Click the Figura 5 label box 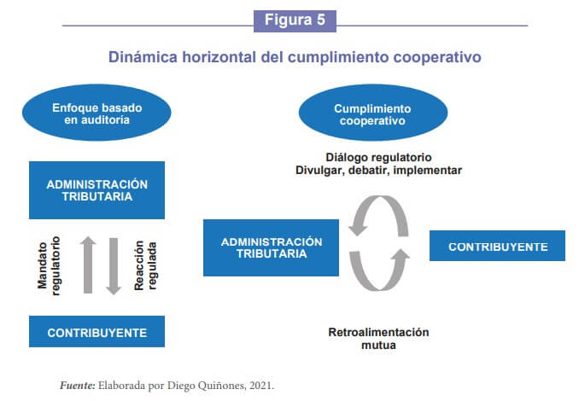pyautogui.click(x=295, y=20)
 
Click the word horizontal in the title pyautogui.click(x=219, y=57)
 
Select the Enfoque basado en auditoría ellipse pyautogui.click(x=97, y=113)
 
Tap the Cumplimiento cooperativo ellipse pyautogui.click(x=372, y=113)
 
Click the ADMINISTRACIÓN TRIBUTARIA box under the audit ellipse pyautogui.click(x=97, y=190)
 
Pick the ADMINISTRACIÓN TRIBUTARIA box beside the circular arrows pyautogui.click(x=272, y=247)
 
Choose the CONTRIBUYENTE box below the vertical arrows pyautogui.click(x=97, y=331)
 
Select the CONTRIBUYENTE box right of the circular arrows pyautogui.click(x=497, y=246)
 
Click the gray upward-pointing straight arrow pyautogui.click(x=88, y=264)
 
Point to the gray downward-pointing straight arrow pyautogui.click(x=114, y=266)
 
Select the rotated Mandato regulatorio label pyautogui.click(x=49, y=265)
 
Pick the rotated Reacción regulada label pyautogui.click(x=145, y=265)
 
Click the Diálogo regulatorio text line pyautogui.click(x=378, y=157)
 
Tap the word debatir pyautogui.click(x=369, y=171)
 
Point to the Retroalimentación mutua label pyautogui.click(x=378, y=339)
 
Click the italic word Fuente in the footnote pyautogui.click(x=78, y=386)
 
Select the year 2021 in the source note pyautogui.click(x=261, y=386)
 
